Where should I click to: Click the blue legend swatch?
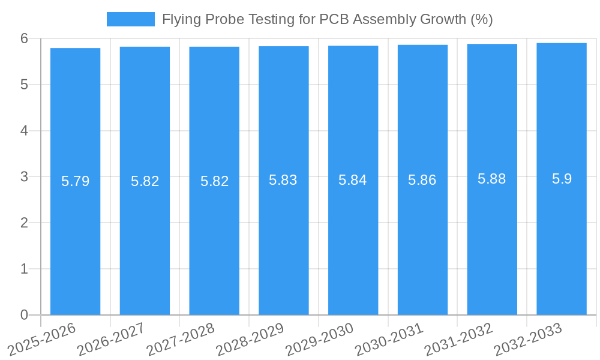click(x=130, y=19)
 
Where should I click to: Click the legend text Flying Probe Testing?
click(x=327, y=19)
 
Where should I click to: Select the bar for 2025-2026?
click(x=75, y=240)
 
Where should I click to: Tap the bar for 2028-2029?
click(x=284, y=240)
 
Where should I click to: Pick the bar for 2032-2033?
click(x=562, y=240)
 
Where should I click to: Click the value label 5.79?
click(x=75, y=181)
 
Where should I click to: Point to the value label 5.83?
click(x=283, y=180)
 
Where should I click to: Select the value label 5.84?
click(x=353, y=180)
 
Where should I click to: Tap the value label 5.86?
click(x=422, y=180)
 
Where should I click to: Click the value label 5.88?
click(x=492, y=179)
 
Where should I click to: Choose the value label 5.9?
click(x=562, y=179)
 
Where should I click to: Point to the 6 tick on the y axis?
click(x=24, y=38)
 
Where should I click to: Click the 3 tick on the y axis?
click(x=24, y=177)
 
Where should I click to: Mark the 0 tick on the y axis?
click(x=24, y=315)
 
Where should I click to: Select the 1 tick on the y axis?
click(x=24, y=269)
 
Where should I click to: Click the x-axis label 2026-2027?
click(x=111, y=339)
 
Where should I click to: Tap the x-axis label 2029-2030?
click(x=319, y=339)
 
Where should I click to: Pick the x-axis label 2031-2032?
click(x=458, y=339)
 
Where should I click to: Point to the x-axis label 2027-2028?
click(x=181, y=339)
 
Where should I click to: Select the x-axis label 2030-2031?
click(x=389, y=339)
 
